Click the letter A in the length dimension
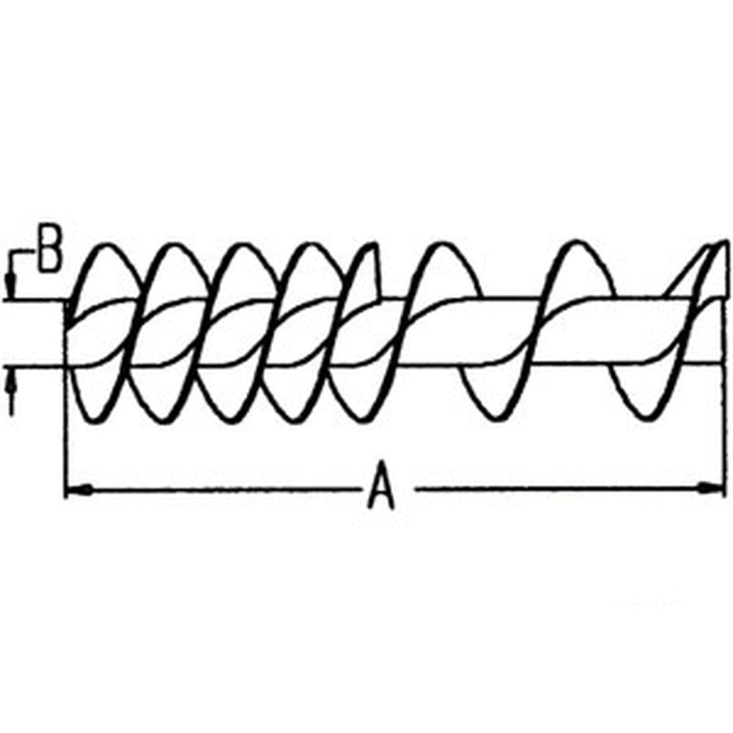point(382,485)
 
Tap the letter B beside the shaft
point(50,254)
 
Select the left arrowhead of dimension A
point(78,490)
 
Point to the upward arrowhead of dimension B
point(12,383)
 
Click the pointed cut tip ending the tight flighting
point(374,244)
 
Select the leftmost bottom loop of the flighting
point(96,419)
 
